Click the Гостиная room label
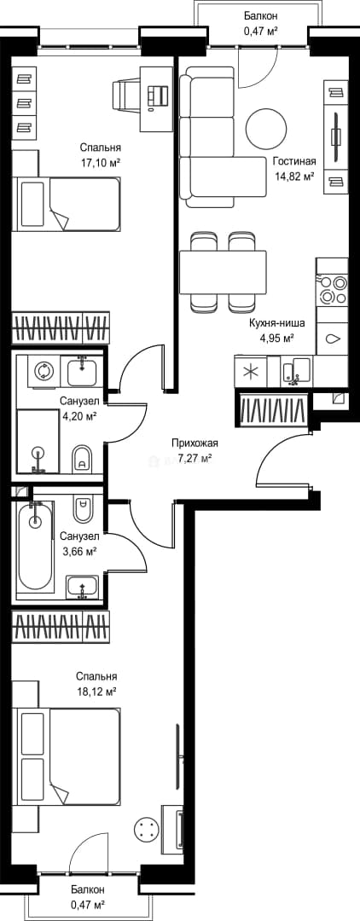[x=294, y=162]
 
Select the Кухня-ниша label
[x=269, y=323]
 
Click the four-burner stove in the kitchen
[x=332, y=290]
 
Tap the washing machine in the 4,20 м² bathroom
[x=43, y=371]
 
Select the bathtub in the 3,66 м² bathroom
[x=36, y=547]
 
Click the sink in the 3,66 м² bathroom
[x=82, y=587]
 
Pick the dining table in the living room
[x=224, y=272]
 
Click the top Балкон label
[x=261, y=16]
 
